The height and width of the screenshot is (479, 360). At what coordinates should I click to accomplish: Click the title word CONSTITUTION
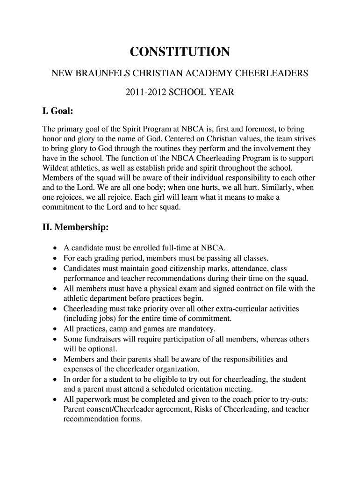click(180, 52)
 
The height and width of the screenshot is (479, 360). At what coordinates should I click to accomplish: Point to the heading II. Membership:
click(75, 228)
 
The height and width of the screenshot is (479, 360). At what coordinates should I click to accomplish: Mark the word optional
click(102, 349)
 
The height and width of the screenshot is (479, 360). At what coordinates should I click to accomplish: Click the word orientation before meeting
click(212, 389)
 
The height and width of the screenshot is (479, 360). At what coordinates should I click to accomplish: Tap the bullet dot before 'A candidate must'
click(56, 248)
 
